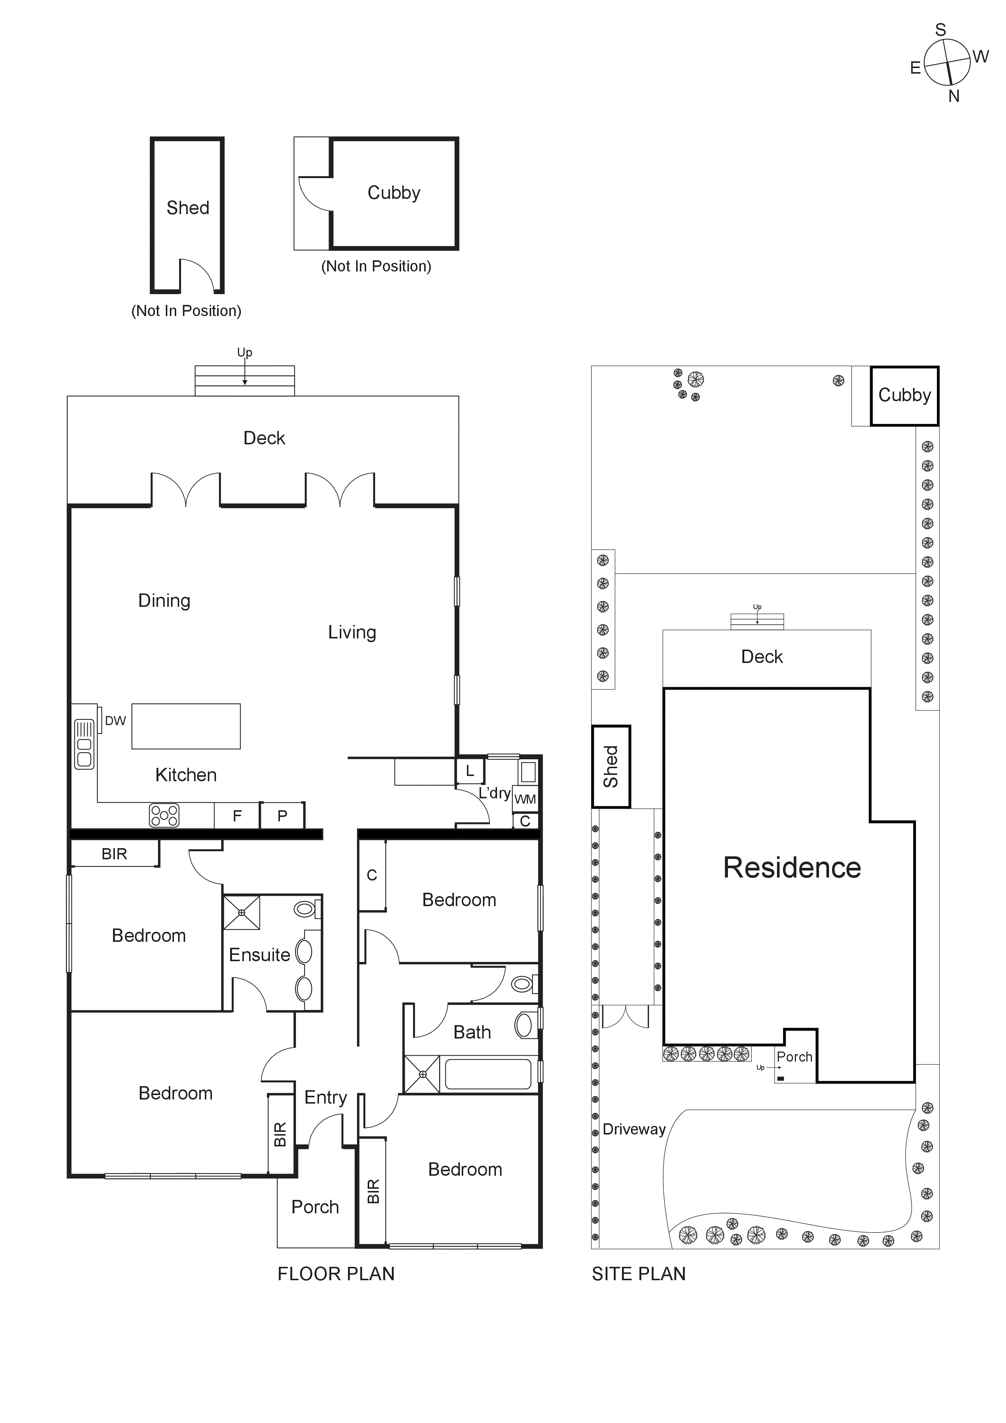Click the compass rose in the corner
click(947, 62)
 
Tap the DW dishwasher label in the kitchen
click(115, 721)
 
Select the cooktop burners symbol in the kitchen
click(164, 816)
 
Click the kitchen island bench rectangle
click(186, 727)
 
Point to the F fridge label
click(237, 816)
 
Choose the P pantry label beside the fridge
click(282, 816)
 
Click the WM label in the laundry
click(525, 799)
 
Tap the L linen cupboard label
click(470, 771)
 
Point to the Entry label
click(325, 1098)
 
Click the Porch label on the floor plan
click(315, 1207)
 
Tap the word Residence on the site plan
click(791, 868)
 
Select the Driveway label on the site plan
click(633, 1129)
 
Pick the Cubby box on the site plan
click(905, 395)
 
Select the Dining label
click(164, 601)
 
